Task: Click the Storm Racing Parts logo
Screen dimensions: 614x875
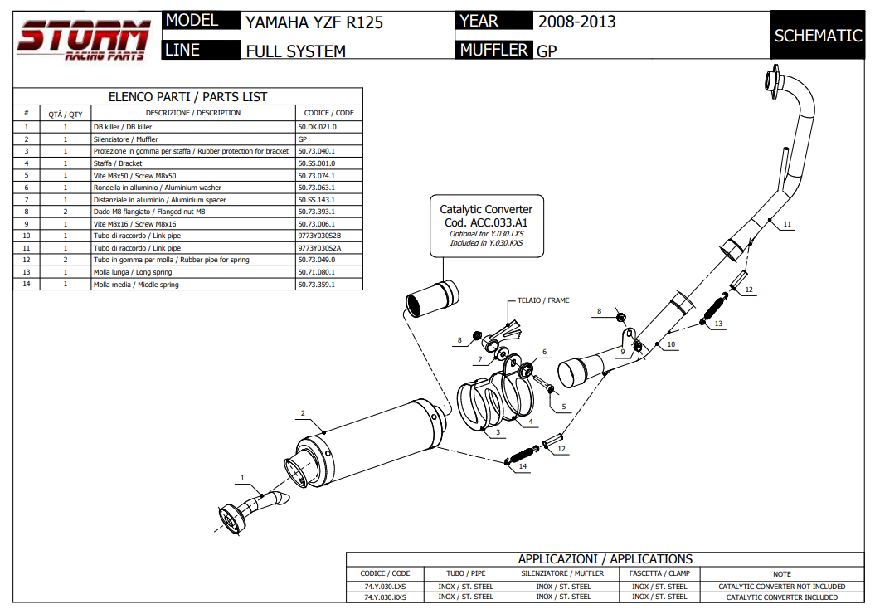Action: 83,40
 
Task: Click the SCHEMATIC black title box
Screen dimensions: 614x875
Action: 818,36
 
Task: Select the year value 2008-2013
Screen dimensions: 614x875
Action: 577,22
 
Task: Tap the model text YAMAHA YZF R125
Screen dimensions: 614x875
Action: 314,22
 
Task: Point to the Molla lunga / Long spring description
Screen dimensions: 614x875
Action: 133,272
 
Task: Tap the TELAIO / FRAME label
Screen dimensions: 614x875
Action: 543,300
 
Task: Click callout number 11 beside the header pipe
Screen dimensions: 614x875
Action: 787,224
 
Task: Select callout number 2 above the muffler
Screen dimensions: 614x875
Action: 303,413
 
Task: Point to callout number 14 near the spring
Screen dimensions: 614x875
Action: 523,467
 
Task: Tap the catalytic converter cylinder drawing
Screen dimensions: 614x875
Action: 430,300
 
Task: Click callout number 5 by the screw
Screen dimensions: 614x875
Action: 563,407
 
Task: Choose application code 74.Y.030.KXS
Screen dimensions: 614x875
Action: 385,597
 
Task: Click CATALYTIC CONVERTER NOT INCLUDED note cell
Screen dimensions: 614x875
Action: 781,586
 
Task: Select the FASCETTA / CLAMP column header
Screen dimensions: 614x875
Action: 660,573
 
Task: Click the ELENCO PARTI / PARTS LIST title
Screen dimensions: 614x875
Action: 188,97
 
